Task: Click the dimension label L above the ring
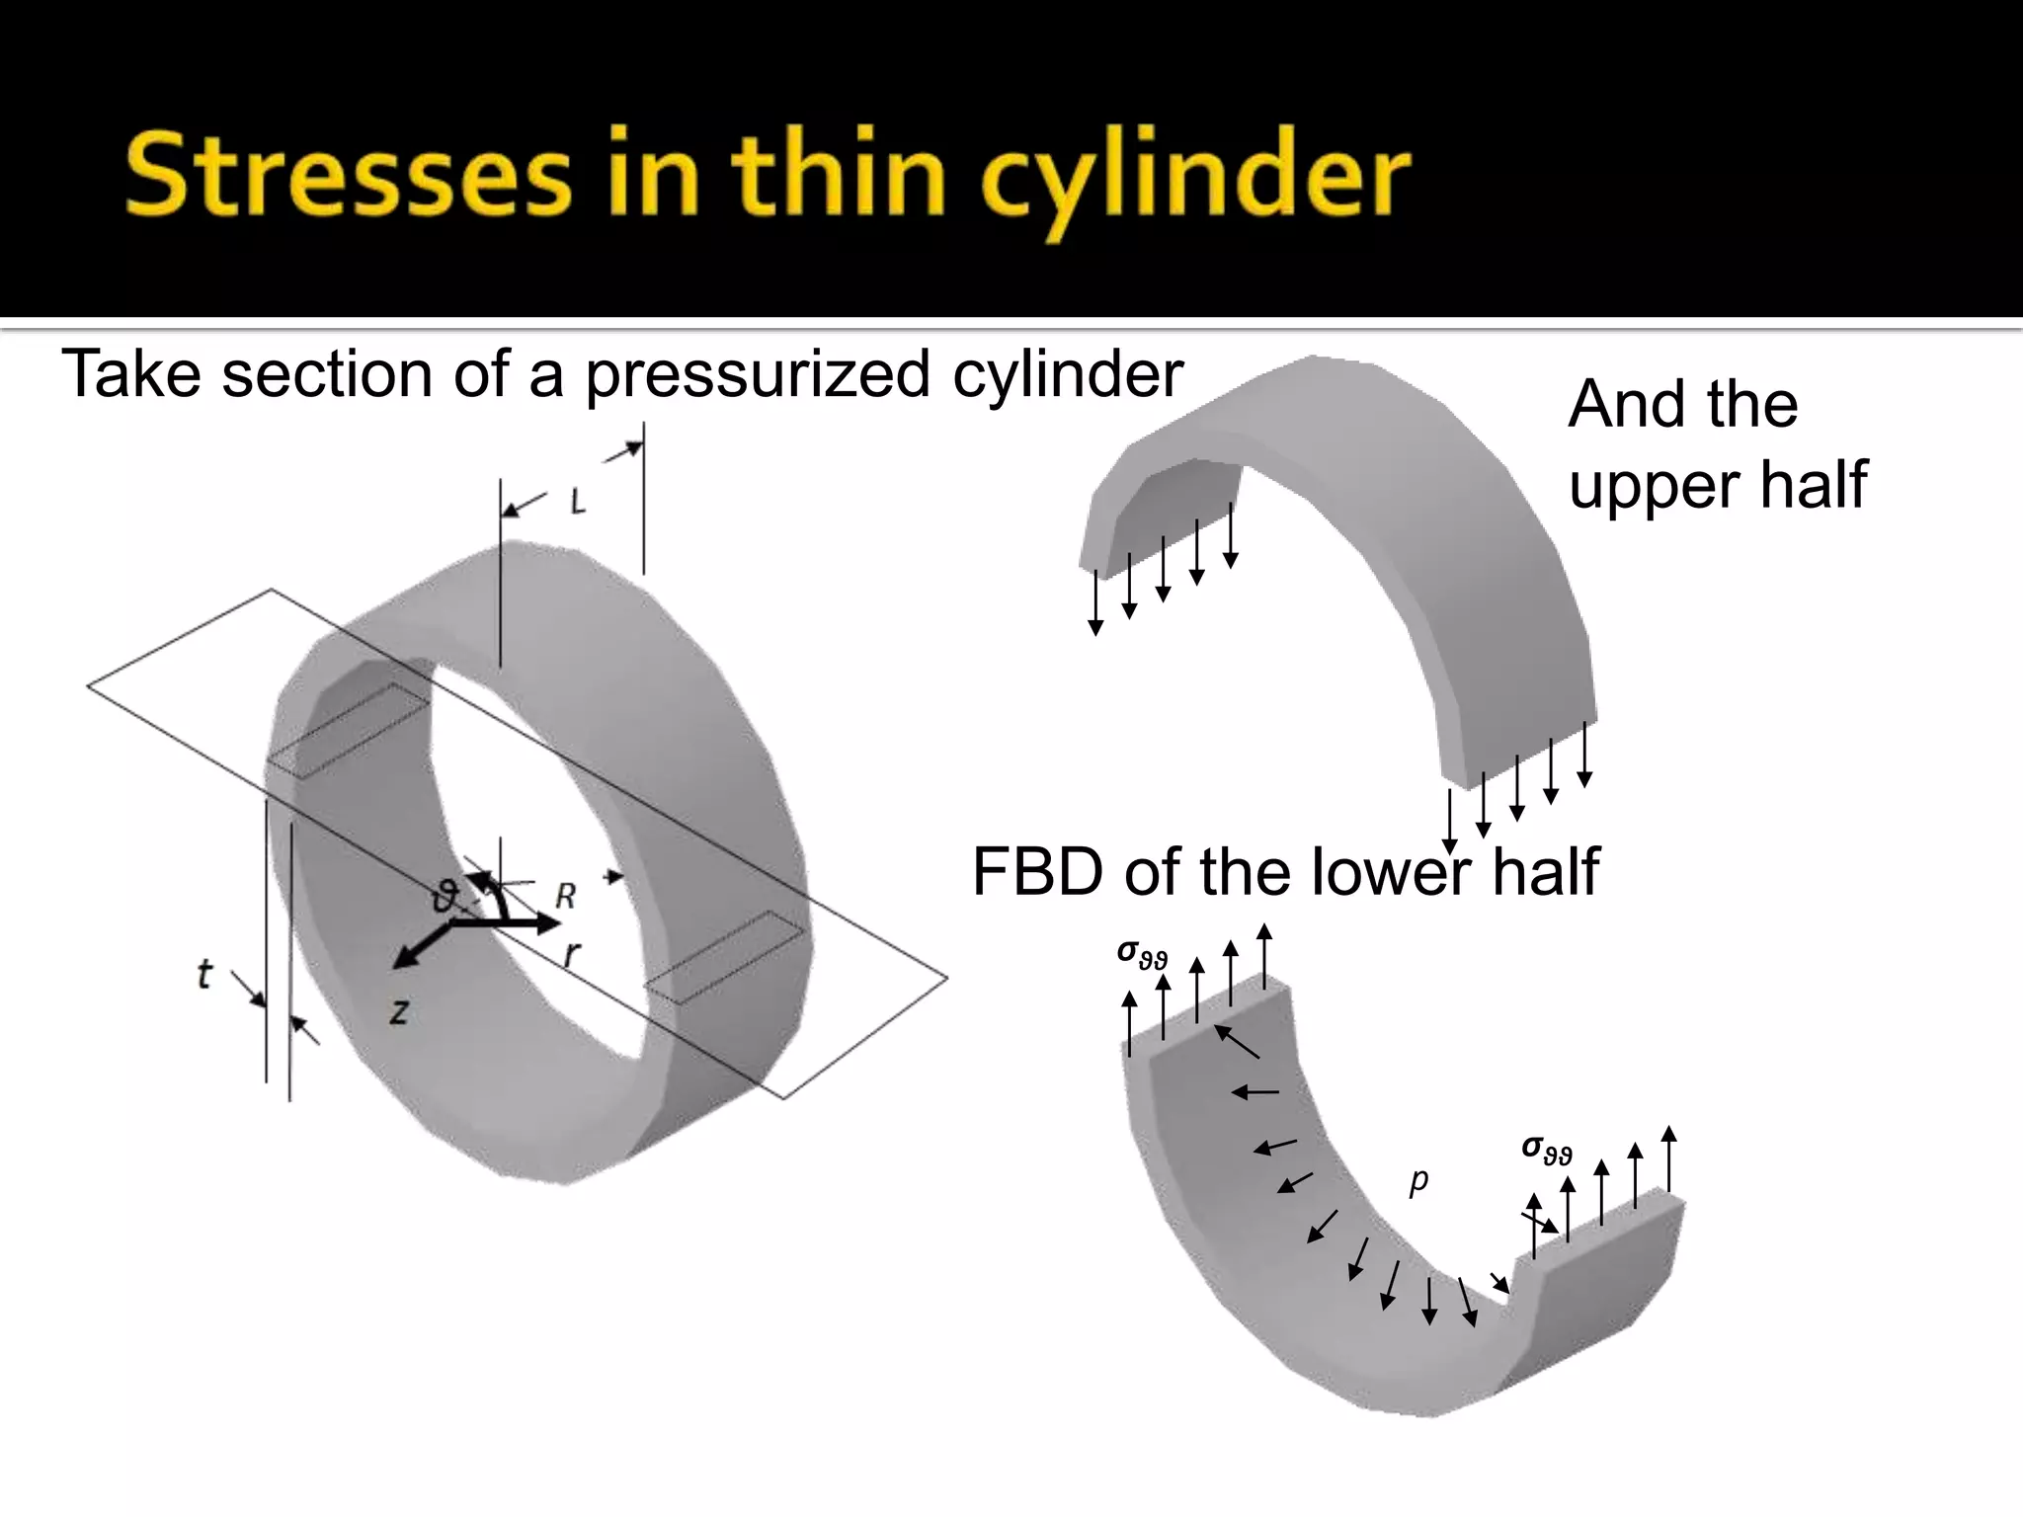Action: (x=578, y=503)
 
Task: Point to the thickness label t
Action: (x=203, y=975)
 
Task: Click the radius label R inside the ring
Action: (x=565, y=896)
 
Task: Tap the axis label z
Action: (x=398, y=1010)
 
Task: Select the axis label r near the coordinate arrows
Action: (x=571, y=953)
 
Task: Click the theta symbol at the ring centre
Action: (x=446, y=897)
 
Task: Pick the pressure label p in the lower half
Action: (x=1418, y=1179)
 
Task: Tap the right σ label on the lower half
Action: (x=1546, y=1149)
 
